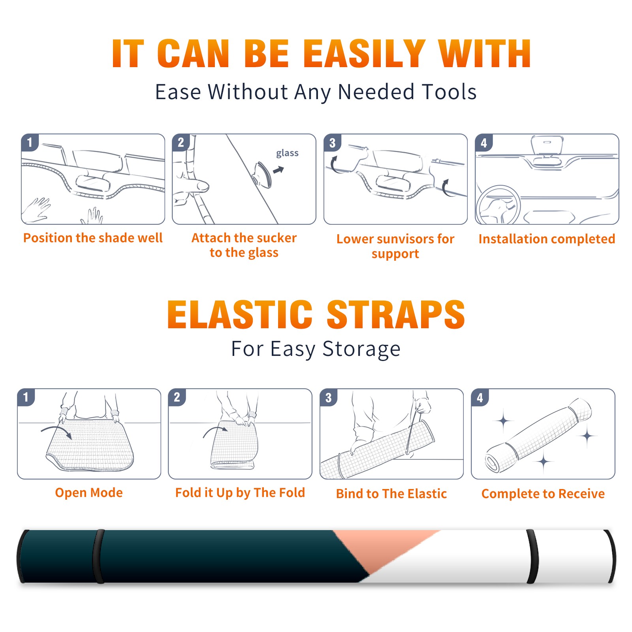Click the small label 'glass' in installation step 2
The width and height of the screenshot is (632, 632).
(x=287, y=153)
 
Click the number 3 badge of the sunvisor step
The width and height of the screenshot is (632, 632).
(x=332, y=143)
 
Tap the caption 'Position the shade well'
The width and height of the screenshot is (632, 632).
(x=93, y=238)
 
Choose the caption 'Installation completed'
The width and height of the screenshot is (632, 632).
(x=547, y=239)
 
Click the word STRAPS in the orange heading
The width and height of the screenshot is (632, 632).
(x=396, y=314)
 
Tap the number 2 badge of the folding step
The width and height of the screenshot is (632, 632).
(x=177, y=397)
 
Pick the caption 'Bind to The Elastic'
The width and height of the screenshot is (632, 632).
(x=391, y=494)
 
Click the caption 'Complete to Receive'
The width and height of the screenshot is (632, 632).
(x=543, y=494)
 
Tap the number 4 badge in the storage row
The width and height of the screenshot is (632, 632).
(x=480, y=397)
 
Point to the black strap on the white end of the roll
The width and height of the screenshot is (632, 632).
(x=532, y=556)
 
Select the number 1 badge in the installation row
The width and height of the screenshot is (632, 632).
(x=30, y=142)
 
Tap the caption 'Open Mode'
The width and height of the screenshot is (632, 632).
(x=89, y=493)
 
